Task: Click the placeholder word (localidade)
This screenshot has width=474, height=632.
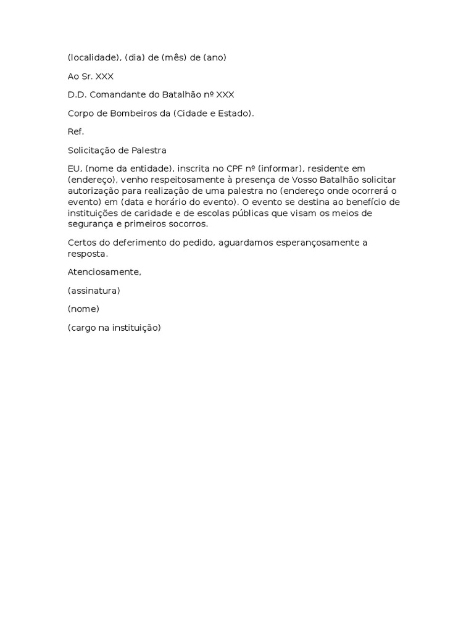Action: point(92,58)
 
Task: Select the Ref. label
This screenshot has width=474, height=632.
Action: point(75,132)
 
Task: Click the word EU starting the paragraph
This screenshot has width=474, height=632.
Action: point(74,168)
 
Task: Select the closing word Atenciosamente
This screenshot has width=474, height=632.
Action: point(104,272)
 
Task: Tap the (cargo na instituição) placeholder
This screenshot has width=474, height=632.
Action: point(114,328)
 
